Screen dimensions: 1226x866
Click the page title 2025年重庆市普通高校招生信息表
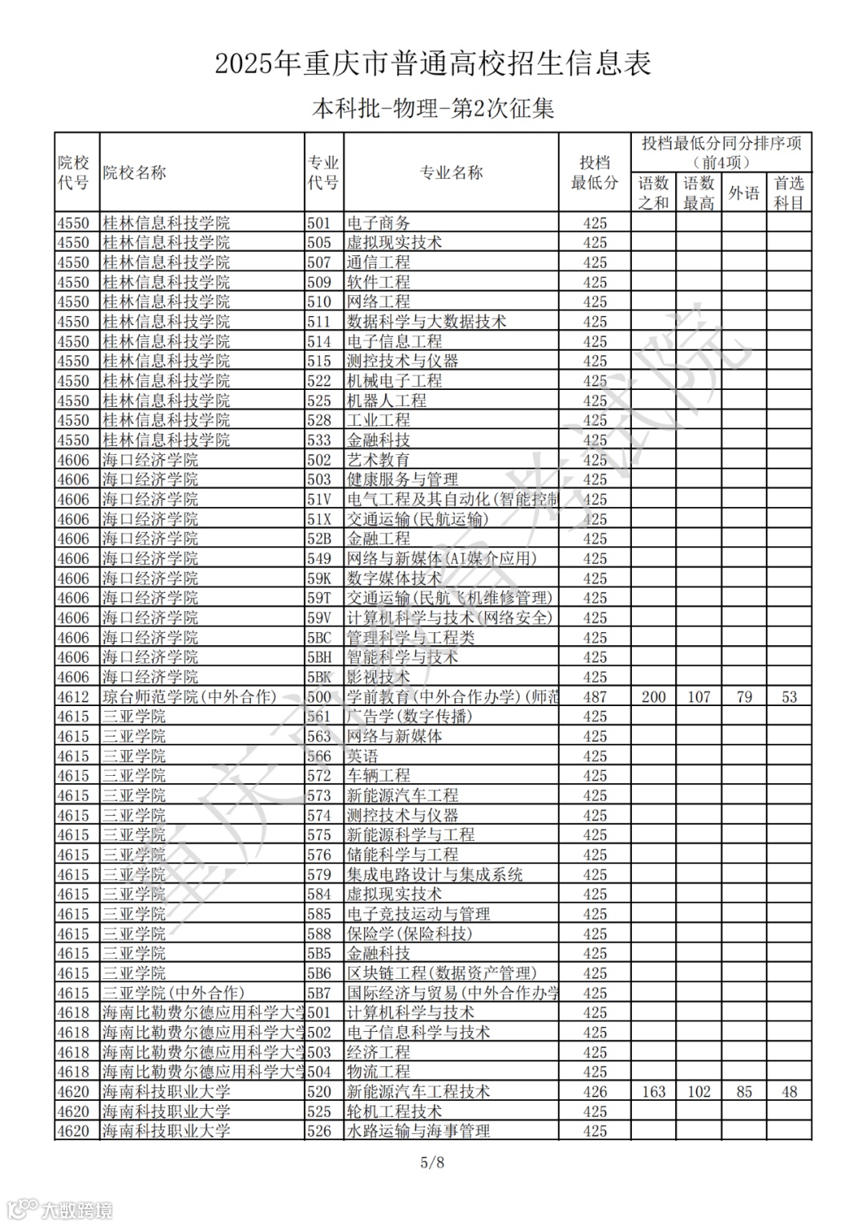433,63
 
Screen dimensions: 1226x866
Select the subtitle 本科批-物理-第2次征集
433,108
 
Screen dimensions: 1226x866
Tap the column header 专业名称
451,172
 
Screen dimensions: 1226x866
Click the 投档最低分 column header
595,172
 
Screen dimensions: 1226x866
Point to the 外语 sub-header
743,193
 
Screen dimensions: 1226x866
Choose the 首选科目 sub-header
789,193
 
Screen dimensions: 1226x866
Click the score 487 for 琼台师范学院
595,696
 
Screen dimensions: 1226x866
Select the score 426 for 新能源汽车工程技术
595,1091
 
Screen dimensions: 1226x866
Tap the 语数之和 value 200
654,696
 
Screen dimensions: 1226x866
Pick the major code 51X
319,519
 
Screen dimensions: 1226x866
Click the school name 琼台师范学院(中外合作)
189,696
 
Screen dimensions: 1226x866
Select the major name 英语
362,756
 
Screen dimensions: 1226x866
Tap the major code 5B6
319,973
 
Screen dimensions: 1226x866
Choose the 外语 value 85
743,1091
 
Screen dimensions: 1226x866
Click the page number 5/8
432,1162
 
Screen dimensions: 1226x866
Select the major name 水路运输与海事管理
419,1131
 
